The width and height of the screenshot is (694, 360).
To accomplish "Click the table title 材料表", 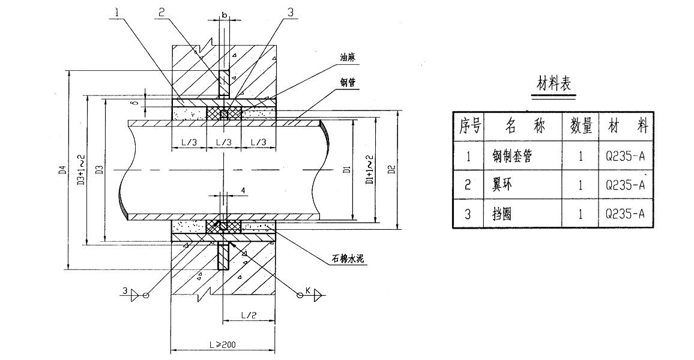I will (555, 85).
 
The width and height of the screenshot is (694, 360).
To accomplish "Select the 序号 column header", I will (469, 127).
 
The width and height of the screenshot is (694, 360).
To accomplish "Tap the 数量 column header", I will (579, 127).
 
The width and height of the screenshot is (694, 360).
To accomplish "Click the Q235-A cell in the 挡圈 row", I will (625, 214).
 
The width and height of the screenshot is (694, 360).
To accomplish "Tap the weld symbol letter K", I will (307, 291).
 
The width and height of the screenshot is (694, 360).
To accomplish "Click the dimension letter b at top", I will (223, 13).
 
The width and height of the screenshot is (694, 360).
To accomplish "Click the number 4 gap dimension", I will (243, 191).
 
